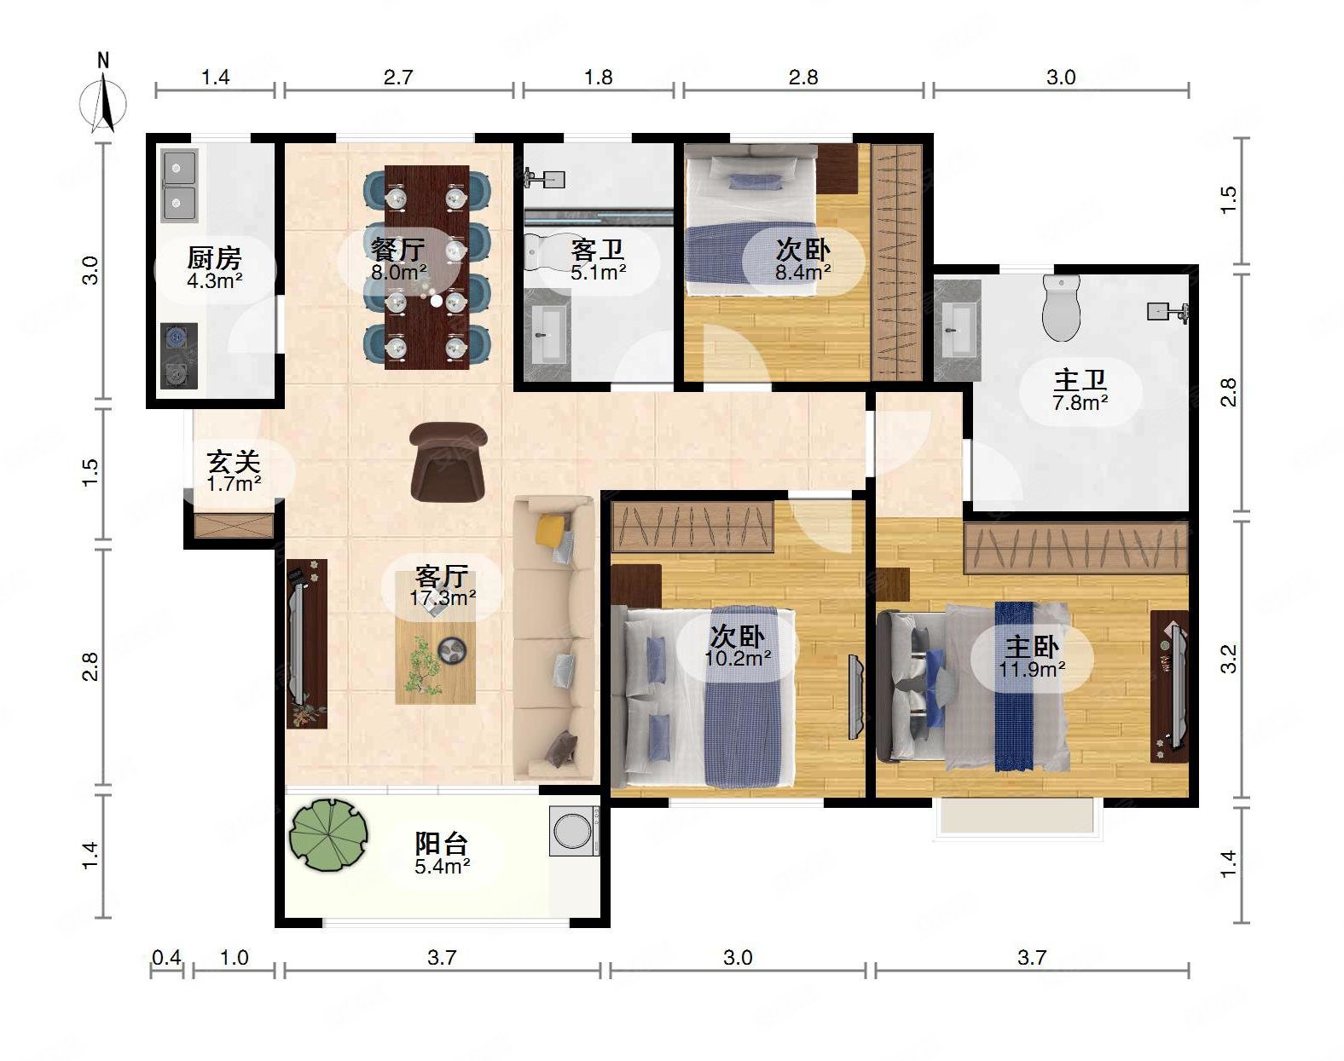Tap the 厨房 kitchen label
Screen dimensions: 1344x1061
click(x=214, y=257)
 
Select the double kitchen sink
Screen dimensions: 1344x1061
click(x=179, y=186)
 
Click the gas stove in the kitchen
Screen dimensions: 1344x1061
click(x=179, y=355)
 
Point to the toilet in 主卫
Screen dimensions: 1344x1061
click(x=1061, y=308)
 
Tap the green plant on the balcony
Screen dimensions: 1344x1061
click(x=328, y=835)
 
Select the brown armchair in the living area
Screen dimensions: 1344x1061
click(x=449, y=461)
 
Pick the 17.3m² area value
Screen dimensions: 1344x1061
click(x=443, y=598)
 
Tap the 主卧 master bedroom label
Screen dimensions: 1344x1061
click(x=1032, y=647)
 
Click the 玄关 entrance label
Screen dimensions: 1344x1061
click(x=234, y=463)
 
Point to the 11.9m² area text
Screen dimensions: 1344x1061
click(x=1032, y=670)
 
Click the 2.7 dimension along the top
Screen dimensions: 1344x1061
click(x=398, y=78)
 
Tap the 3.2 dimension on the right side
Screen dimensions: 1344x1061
click(x=1228, y=659)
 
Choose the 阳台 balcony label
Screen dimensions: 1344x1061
click(x=442, y=844)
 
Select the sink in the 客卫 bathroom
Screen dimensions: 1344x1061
click(x=547, y=337)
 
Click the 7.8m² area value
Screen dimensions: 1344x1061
click(x=1080, y=403)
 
